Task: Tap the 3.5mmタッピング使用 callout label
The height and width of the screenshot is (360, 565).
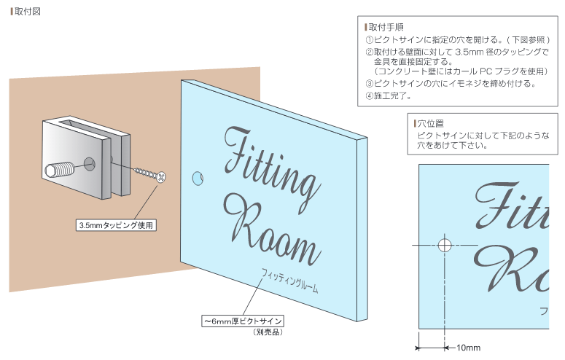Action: [117, 225]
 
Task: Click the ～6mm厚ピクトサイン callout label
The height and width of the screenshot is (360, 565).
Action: [243, 320]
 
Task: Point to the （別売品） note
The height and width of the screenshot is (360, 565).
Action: [268, 332]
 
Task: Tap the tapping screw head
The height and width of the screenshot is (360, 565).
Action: [161, 177]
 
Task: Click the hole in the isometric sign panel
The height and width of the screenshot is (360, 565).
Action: [196, 177]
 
